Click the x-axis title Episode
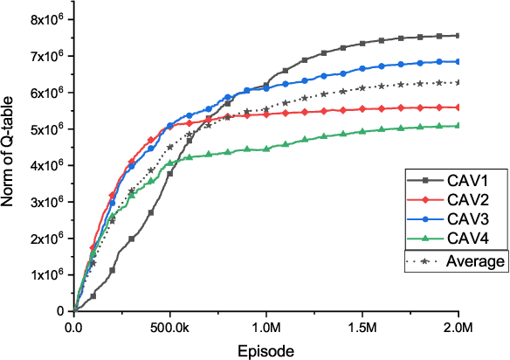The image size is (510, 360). point(265,350)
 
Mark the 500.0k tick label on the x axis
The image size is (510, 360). point(170,328)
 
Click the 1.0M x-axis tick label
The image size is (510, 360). point(266,328)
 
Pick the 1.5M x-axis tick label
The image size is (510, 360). point(362,328)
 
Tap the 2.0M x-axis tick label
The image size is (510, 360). point(458,328)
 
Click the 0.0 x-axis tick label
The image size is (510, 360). point(74,328)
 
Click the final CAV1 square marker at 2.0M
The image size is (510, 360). point(458,36)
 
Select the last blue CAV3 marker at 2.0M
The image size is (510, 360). point(458,61)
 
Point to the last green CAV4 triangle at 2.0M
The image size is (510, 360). point(458,126)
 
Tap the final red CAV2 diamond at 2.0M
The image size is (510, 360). point(458,107)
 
